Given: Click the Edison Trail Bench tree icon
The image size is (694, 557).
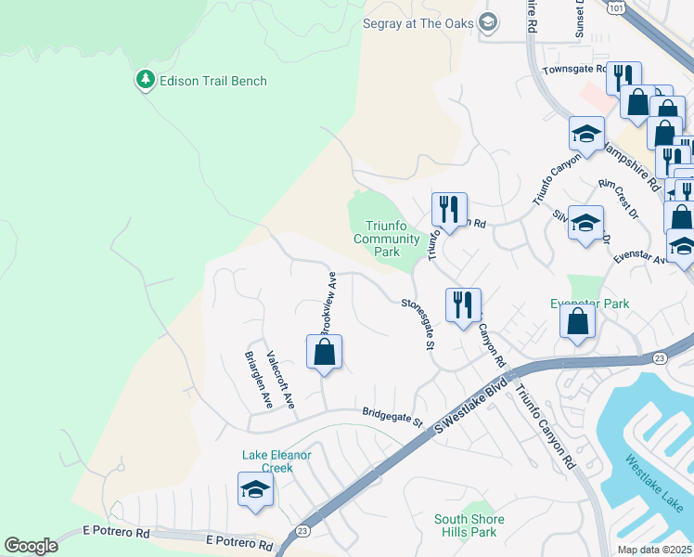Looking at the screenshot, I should click(x=145, y=81).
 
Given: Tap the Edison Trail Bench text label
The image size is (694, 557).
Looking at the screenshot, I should click(x=212, y=81).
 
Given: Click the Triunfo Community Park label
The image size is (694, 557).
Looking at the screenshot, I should click(x=388, y=239).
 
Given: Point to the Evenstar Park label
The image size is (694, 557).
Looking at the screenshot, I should click(x=589, y=304).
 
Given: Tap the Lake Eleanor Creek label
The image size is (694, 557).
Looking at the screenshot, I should click(x=276, y=461).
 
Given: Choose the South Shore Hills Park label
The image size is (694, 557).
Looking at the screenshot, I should click(x=469, y=525).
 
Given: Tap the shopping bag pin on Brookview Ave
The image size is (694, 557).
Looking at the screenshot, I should click(x=324, y=353).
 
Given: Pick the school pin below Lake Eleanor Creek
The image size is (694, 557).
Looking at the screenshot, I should click(x=254, y=490).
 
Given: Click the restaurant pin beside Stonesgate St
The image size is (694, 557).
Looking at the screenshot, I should click(x=462, y=305).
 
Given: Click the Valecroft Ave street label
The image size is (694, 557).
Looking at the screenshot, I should click(x=280, y=379).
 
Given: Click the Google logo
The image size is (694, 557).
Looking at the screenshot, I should click(x=31, y=546).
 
